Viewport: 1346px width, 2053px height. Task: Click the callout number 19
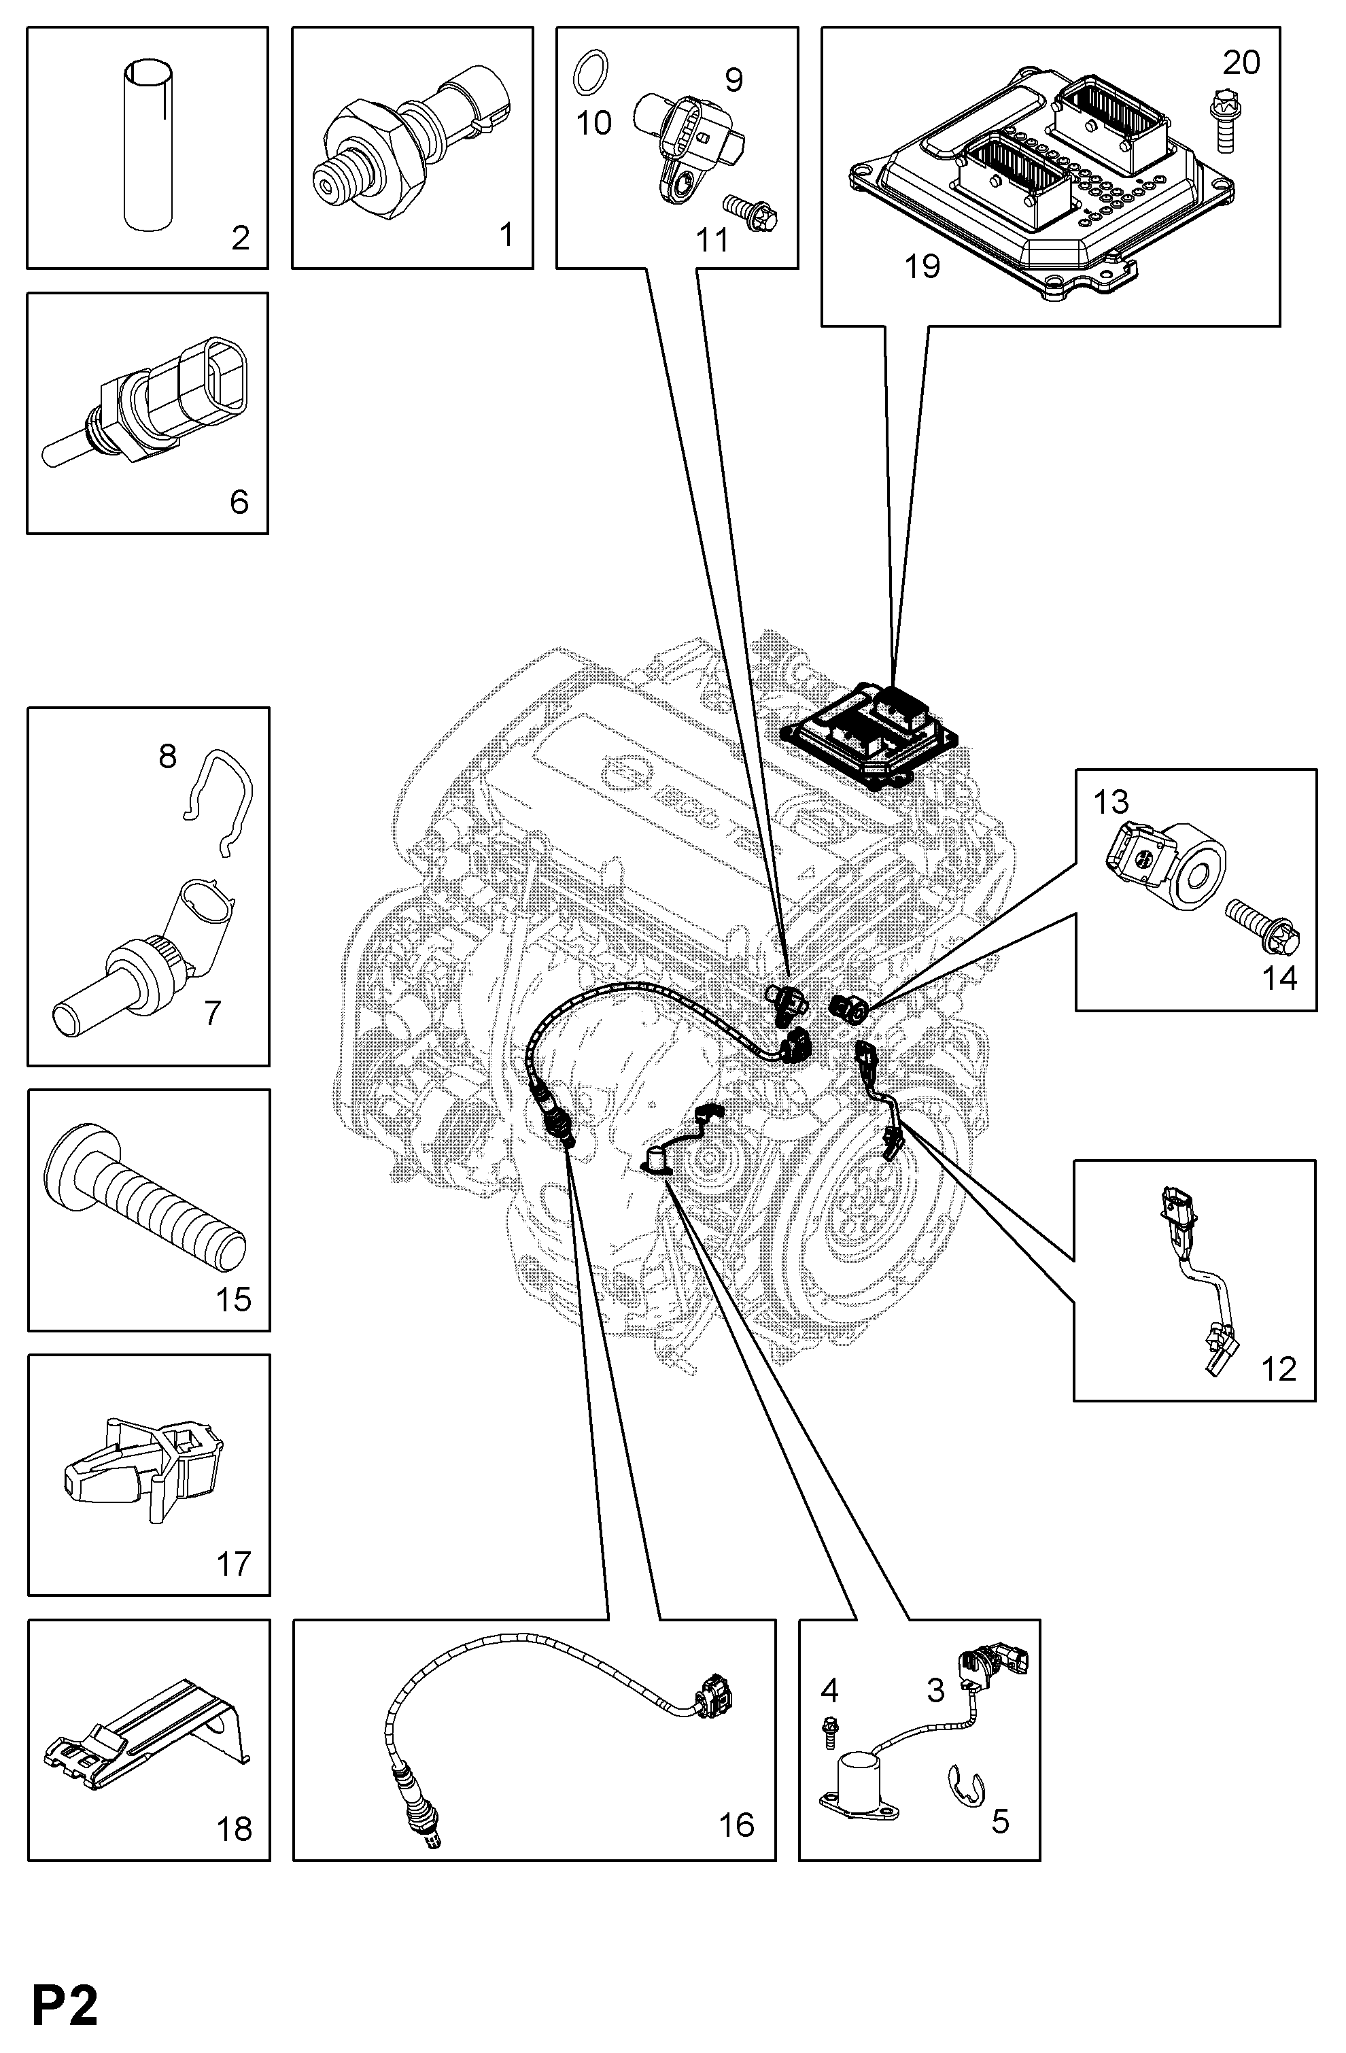point(922,266)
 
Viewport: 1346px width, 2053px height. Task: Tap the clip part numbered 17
point(144,1473)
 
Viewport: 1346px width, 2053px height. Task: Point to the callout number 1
point(506,234)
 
